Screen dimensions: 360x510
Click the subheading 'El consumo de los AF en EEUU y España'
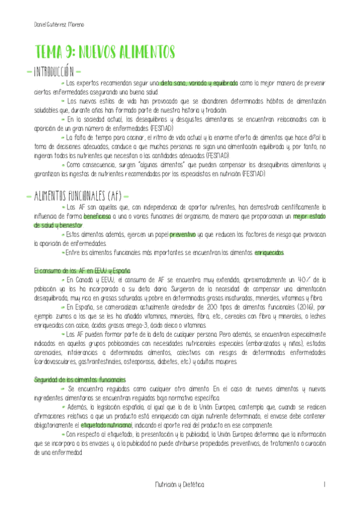point(81,271)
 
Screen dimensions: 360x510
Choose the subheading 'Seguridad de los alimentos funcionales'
point(80,379)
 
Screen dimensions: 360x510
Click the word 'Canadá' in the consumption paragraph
point(88,280)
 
